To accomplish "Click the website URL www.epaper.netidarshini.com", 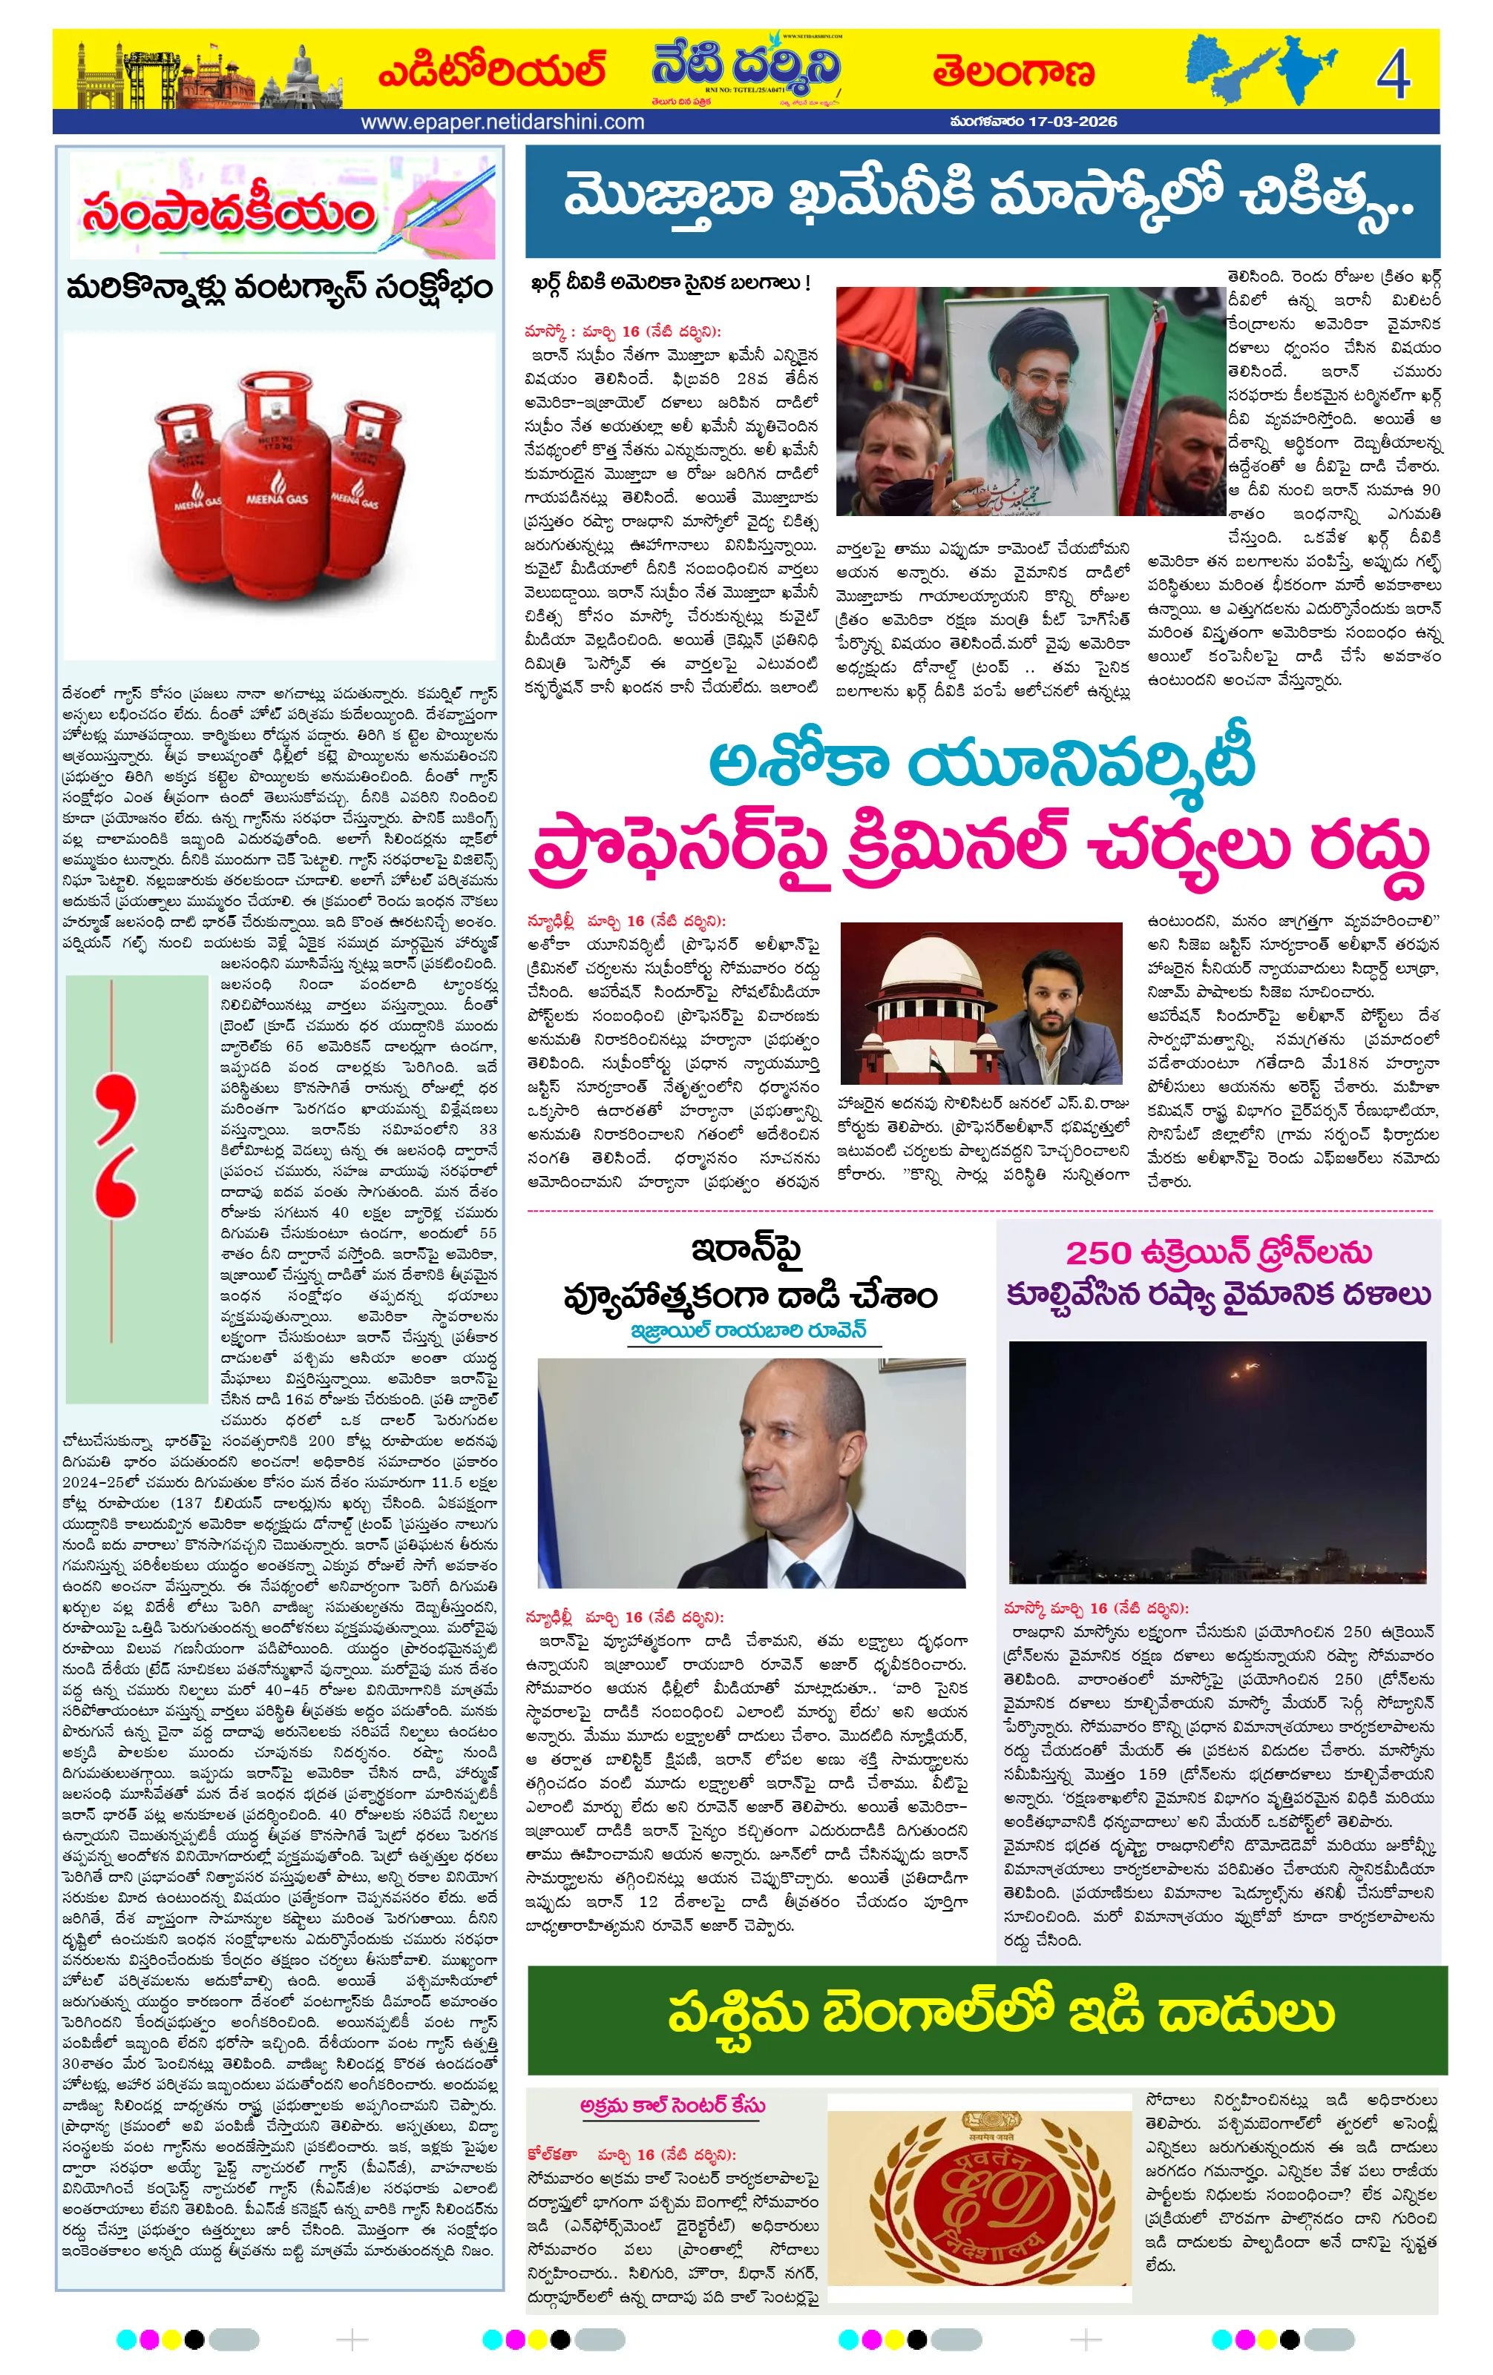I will pyautogui.click(x=502, y=122).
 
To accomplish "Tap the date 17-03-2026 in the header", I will pyautogui.click(x=1072, y=122).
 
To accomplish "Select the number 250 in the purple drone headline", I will pyautogui.click(x=1097, y=1252).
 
